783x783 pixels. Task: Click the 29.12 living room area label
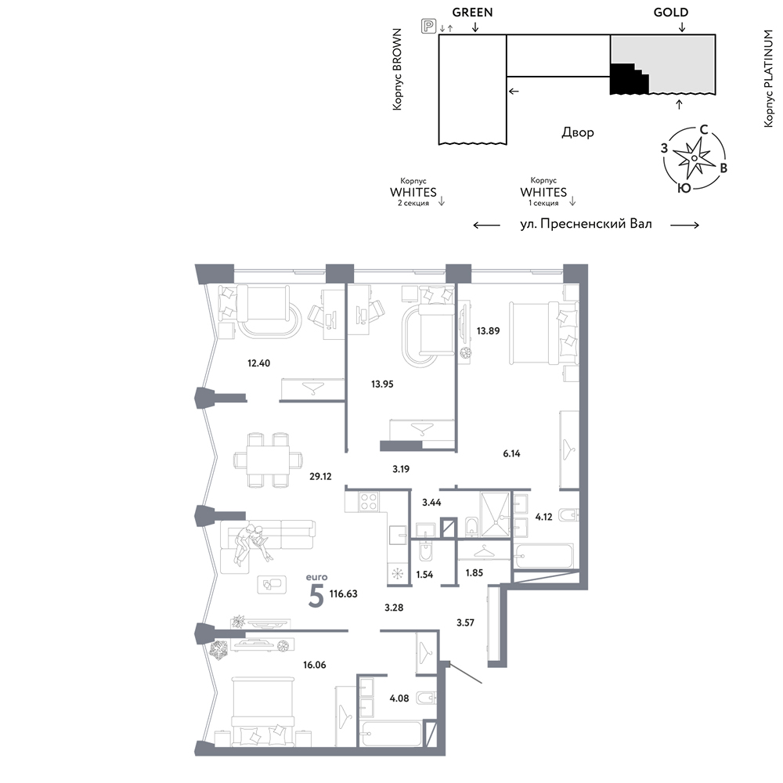320,476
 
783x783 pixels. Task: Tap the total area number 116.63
344,594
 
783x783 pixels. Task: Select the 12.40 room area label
258,363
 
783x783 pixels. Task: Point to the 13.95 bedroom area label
382,384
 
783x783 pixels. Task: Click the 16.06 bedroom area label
315,665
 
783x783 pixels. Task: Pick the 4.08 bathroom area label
399,698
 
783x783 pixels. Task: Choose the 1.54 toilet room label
424,574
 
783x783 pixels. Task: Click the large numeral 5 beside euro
316,596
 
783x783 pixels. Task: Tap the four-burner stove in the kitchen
369,501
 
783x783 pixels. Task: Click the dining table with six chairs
268,460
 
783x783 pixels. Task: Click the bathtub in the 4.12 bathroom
544,556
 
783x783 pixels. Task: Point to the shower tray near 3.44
495,515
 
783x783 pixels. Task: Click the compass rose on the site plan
694,158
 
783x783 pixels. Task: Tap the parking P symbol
428,26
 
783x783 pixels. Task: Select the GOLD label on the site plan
671,13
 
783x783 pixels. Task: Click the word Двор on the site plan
578,132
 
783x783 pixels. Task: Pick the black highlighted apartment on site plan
627,79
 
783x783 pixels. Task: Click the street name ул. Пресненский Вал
586,224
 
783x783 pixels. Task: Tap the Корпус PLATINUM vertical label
768,78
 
